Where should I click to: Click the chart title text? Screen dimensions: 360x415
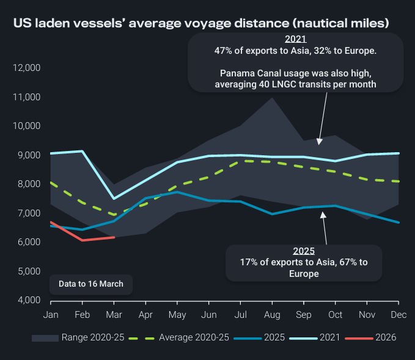pos(201,24)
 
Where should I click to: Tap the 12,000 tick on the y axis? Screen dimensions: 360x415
pos(26,68)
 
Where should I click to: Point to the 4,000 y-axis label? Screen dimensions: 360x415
pos(28,301)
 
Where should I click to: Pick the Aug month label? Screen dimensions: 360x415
pos(271,314)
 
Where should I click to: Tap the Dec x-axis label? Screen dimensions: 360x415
pos(398,314)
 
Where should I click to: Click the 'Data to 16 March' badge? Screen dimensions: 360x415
pos(90,284)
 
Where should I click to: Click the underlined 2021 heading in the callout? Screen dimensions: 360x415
pos(295,40)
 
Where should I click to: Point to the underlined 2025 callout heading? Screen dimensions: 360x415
pos(304,251)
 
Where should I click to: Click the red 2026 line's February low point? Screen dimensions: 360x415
pos(82,240)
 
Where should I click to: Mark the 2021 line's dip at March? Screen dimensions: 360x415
pos(114,199)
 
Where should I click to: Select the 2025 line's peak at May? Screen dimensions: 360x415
pos(177,192)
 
